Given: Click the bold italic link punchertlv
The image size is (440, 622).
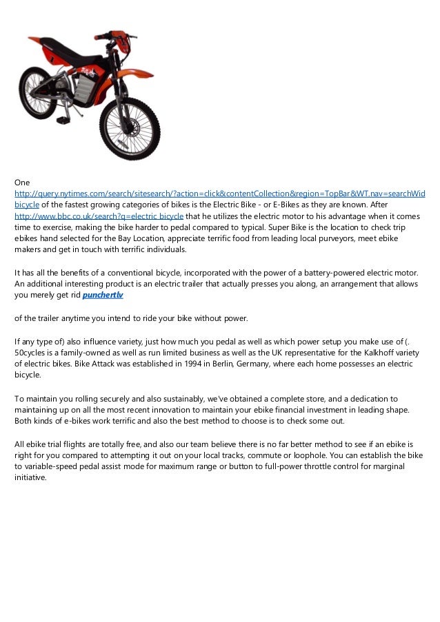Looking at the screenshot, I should click(103, 295).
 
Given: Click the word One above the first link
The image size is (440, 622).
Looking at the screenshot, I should click(23, 183).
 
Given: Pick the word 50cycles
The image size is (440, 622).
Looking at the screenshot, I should click(32, 351).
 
